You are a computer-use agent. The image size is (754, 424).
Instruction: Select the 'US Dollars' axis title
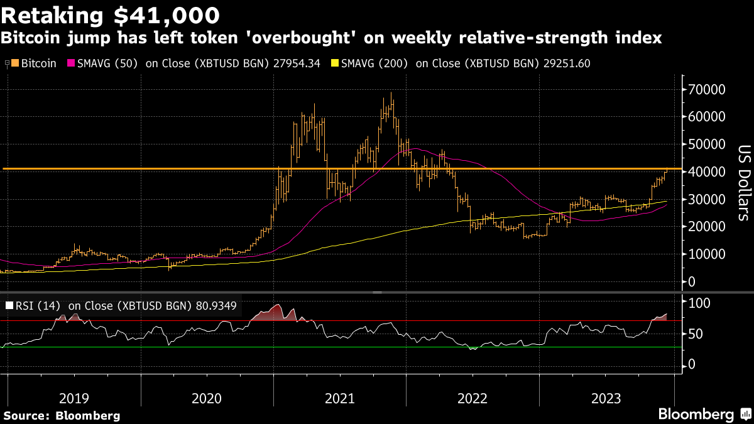pos(744,182)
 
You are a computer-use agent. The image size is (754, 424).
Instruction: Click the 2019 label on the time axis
pos(74,398)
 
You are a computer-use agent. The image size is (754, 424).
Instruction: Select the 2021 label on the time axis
pos(340,398)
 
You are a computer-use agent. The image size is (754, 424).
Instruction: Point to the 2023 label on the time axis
pos(606,398)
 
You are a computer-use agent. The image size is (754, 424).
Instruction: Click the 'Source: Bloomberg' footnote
pos(62,415)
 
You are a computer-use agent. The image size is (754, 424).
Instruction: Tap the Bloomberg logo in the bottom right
pos(704,415)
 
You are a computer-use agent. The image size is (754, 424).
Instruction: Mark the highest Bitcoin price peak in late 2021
pos(391,94)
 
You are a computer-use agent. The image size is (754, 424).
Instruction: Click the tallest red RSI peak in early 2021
pos(278,305)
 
